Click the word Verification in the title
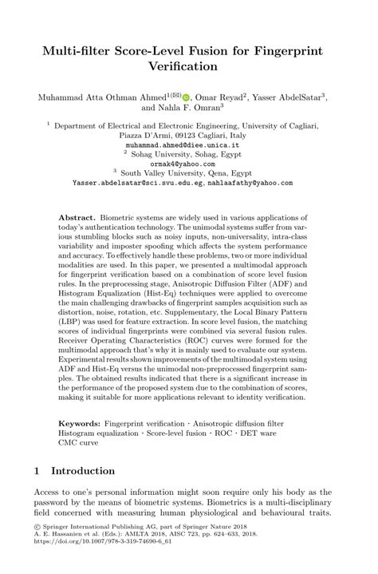coord(188,68)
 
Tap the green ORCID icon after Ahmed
coord(185,97)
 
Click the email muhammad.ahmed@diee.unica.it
coord(188,146)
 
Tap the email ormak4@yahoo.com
coord(188,164)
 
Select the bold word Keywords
coord(82,422)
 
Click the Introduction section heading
coord(84,471)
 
